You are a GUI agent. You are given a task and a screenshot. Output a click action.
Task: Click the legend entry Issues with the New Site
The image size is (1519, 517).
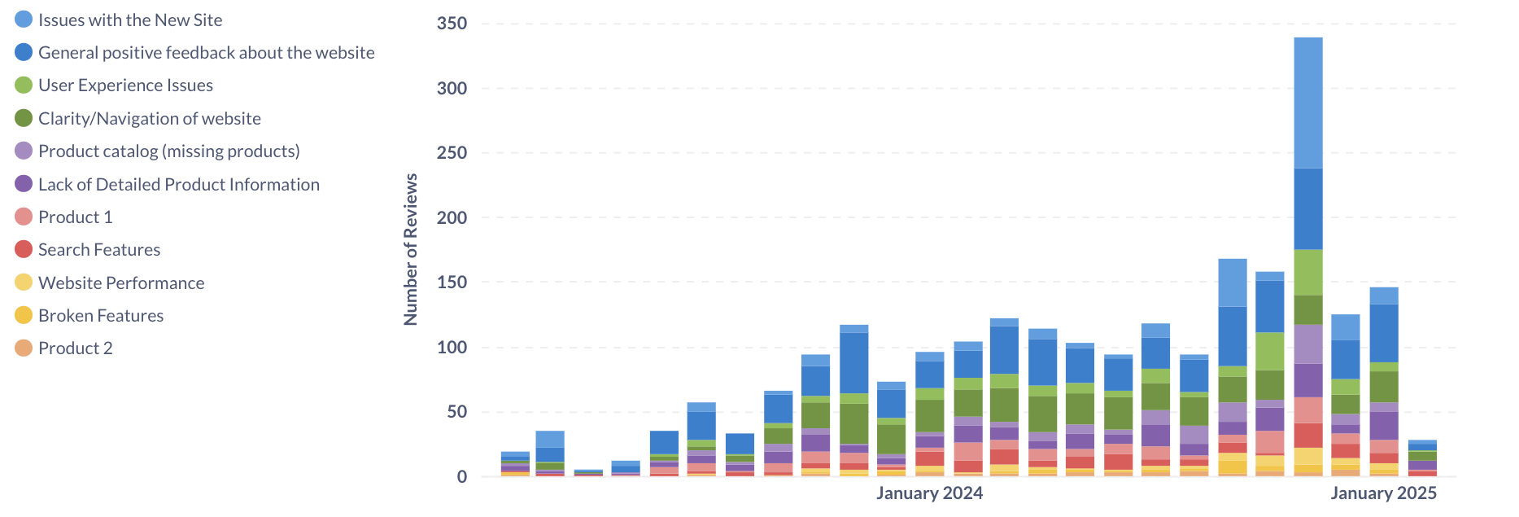pyautogui.click(x=129, y=20)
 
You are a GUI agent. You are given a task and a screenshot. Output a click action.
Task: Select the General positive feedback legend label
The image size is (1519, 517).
pyautogui.click(x=206, y=53)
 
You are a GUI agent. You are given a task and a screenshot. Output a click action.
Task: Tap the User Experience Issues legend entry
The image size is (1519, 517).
pyautogui.click(x=125, y=85)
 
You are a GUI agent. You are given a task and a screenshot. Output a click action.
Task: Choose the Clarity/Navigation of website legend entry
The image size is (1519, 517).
pyautogui.click(x=149, y=119)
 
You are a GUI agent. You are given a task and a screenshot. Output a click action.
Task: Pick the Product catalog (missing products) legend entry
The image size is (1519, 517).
pyautogui.click(x=168, y=151)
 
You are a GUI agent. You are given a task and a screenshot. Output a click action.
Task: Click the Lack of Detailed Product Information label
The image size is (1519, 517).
pyautogui.click(x=178, y=185)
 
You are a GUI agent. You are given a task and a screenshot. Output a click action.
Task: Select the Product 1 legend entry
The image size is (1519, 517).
pyautogui.click(x=75, y=217)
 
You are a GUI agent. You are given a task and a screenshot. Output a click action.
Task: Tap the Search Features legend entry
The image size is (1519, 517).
pyautogui.click(x=98, y=250)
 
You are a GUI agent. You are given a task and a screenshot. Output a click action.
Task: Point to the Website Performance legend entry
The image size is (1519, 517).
pyautogui.click(x=120, y=283)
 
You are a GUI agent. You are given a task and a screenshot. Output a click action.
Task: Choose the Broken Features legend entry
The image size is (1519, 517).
pyautogui.click(x=100, y=316)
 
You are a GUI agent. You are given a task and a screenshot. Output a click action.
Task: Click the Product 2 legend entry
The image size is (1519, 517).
pyautogui.click(x=75, y=348)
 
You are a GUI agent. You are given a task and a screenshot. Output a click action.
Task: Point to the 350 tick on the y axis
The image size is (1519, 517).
pyautogui.click(x=452, y=24)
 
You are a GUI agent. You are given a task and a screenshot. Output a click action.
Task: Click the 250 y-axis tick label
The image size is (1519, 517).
pyautogui.click(x=452, y=153)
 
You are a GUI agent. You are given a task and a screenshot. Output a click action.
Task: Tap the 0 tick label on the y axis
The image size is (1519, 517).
pyautogui.click(x=462, y=477)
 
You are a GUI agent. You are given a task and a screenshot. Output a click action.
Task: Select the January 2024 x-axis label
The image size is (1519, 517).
pyautogui.click(x=929, y=493)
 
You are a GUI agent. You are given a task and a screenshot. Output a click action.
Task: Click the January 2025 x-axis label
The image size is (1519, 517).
pyautogui.click(x=1383, y=493)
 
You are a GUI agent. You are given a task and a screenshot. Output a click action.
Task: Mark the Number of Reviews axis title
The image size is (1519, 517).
pyautogui.click(x=411, y=249)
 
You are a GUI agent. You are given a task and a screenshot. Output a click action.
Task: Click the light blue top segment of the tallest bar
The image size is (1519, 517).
pyautogui.click(x=1308, y=103)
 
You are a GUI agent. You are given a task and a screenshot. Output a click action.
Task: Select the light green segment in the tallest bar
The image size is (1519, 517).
pyautogui.click(x=1308, y=272)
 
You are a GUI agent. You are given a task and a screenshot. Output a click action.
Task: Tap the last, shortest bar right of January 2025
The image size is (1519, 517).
pyautogui.click(x=1422, y=458)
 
